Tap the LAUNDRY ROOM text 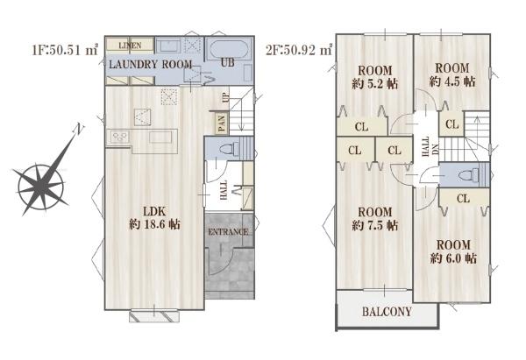click(150, 64)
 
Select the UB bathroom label click(228, 62)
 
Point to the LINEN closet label click(130, 46)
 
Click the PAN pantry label click(222, 123)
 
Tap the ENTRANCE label click(229, 232)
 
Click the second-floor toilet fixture click(468, 174)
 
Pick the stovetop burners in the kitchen click(120, 137)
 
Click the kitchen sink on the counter click(160, 138)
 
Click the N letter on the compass click(79, 129)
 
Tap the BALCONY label click(387, 312)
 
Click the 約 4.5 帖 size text click(452, 81)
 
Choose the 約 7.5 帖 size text click(375, 226)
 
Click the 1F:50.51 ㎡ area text click(65, 50)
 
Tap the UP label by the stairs click(225, 97)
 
